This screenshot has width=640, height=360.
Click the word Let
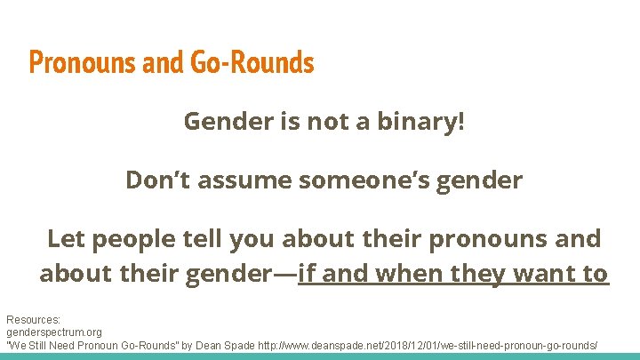[66, 238]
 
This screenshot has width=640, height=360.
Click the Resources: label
[34, 319]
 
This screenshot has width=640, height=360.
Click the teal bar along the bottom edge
[320, 356]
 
